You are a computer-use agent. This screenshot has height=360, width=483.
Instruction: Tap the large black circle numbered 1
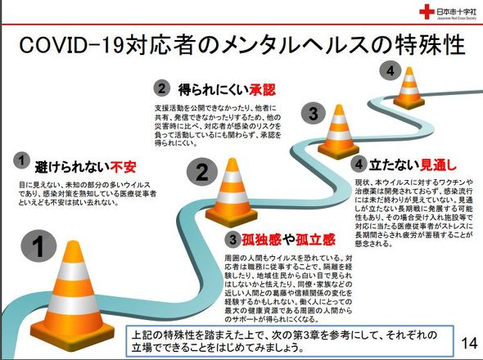pos(43,243)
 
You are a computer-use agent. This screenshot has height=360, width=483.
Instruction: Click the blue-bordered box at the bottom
pos(291,340)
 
